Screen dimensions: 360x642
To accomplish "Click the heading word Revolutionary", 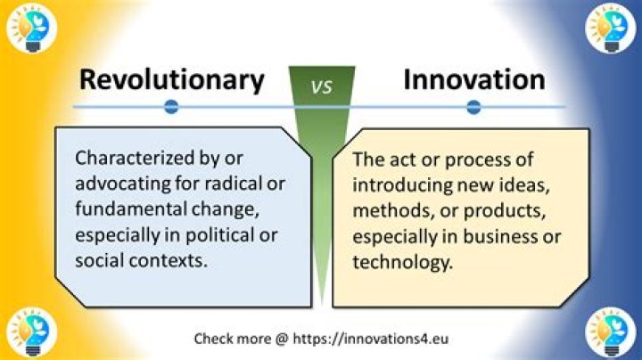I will click(x=171, y=79).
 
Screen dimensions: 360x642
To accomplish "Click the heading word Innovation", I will click(x=473, y=79).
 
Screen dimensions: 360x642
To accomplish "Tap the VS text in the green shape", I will click(x=321, y=86).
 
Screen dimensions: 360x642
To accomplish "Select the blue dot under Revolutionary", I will click(x=172, y=107).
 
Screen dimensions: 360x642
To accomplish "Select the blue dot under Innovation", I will click(x=473, y=107).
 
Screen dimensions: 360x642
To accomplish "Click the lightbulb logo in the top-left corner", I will click(x=29, y=27).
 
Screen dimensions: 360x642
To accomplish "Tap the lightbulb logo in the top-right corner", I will click(x=611, y=27).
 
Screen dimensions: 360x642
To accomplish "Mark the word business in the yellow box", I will click(x=498, y=236).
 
